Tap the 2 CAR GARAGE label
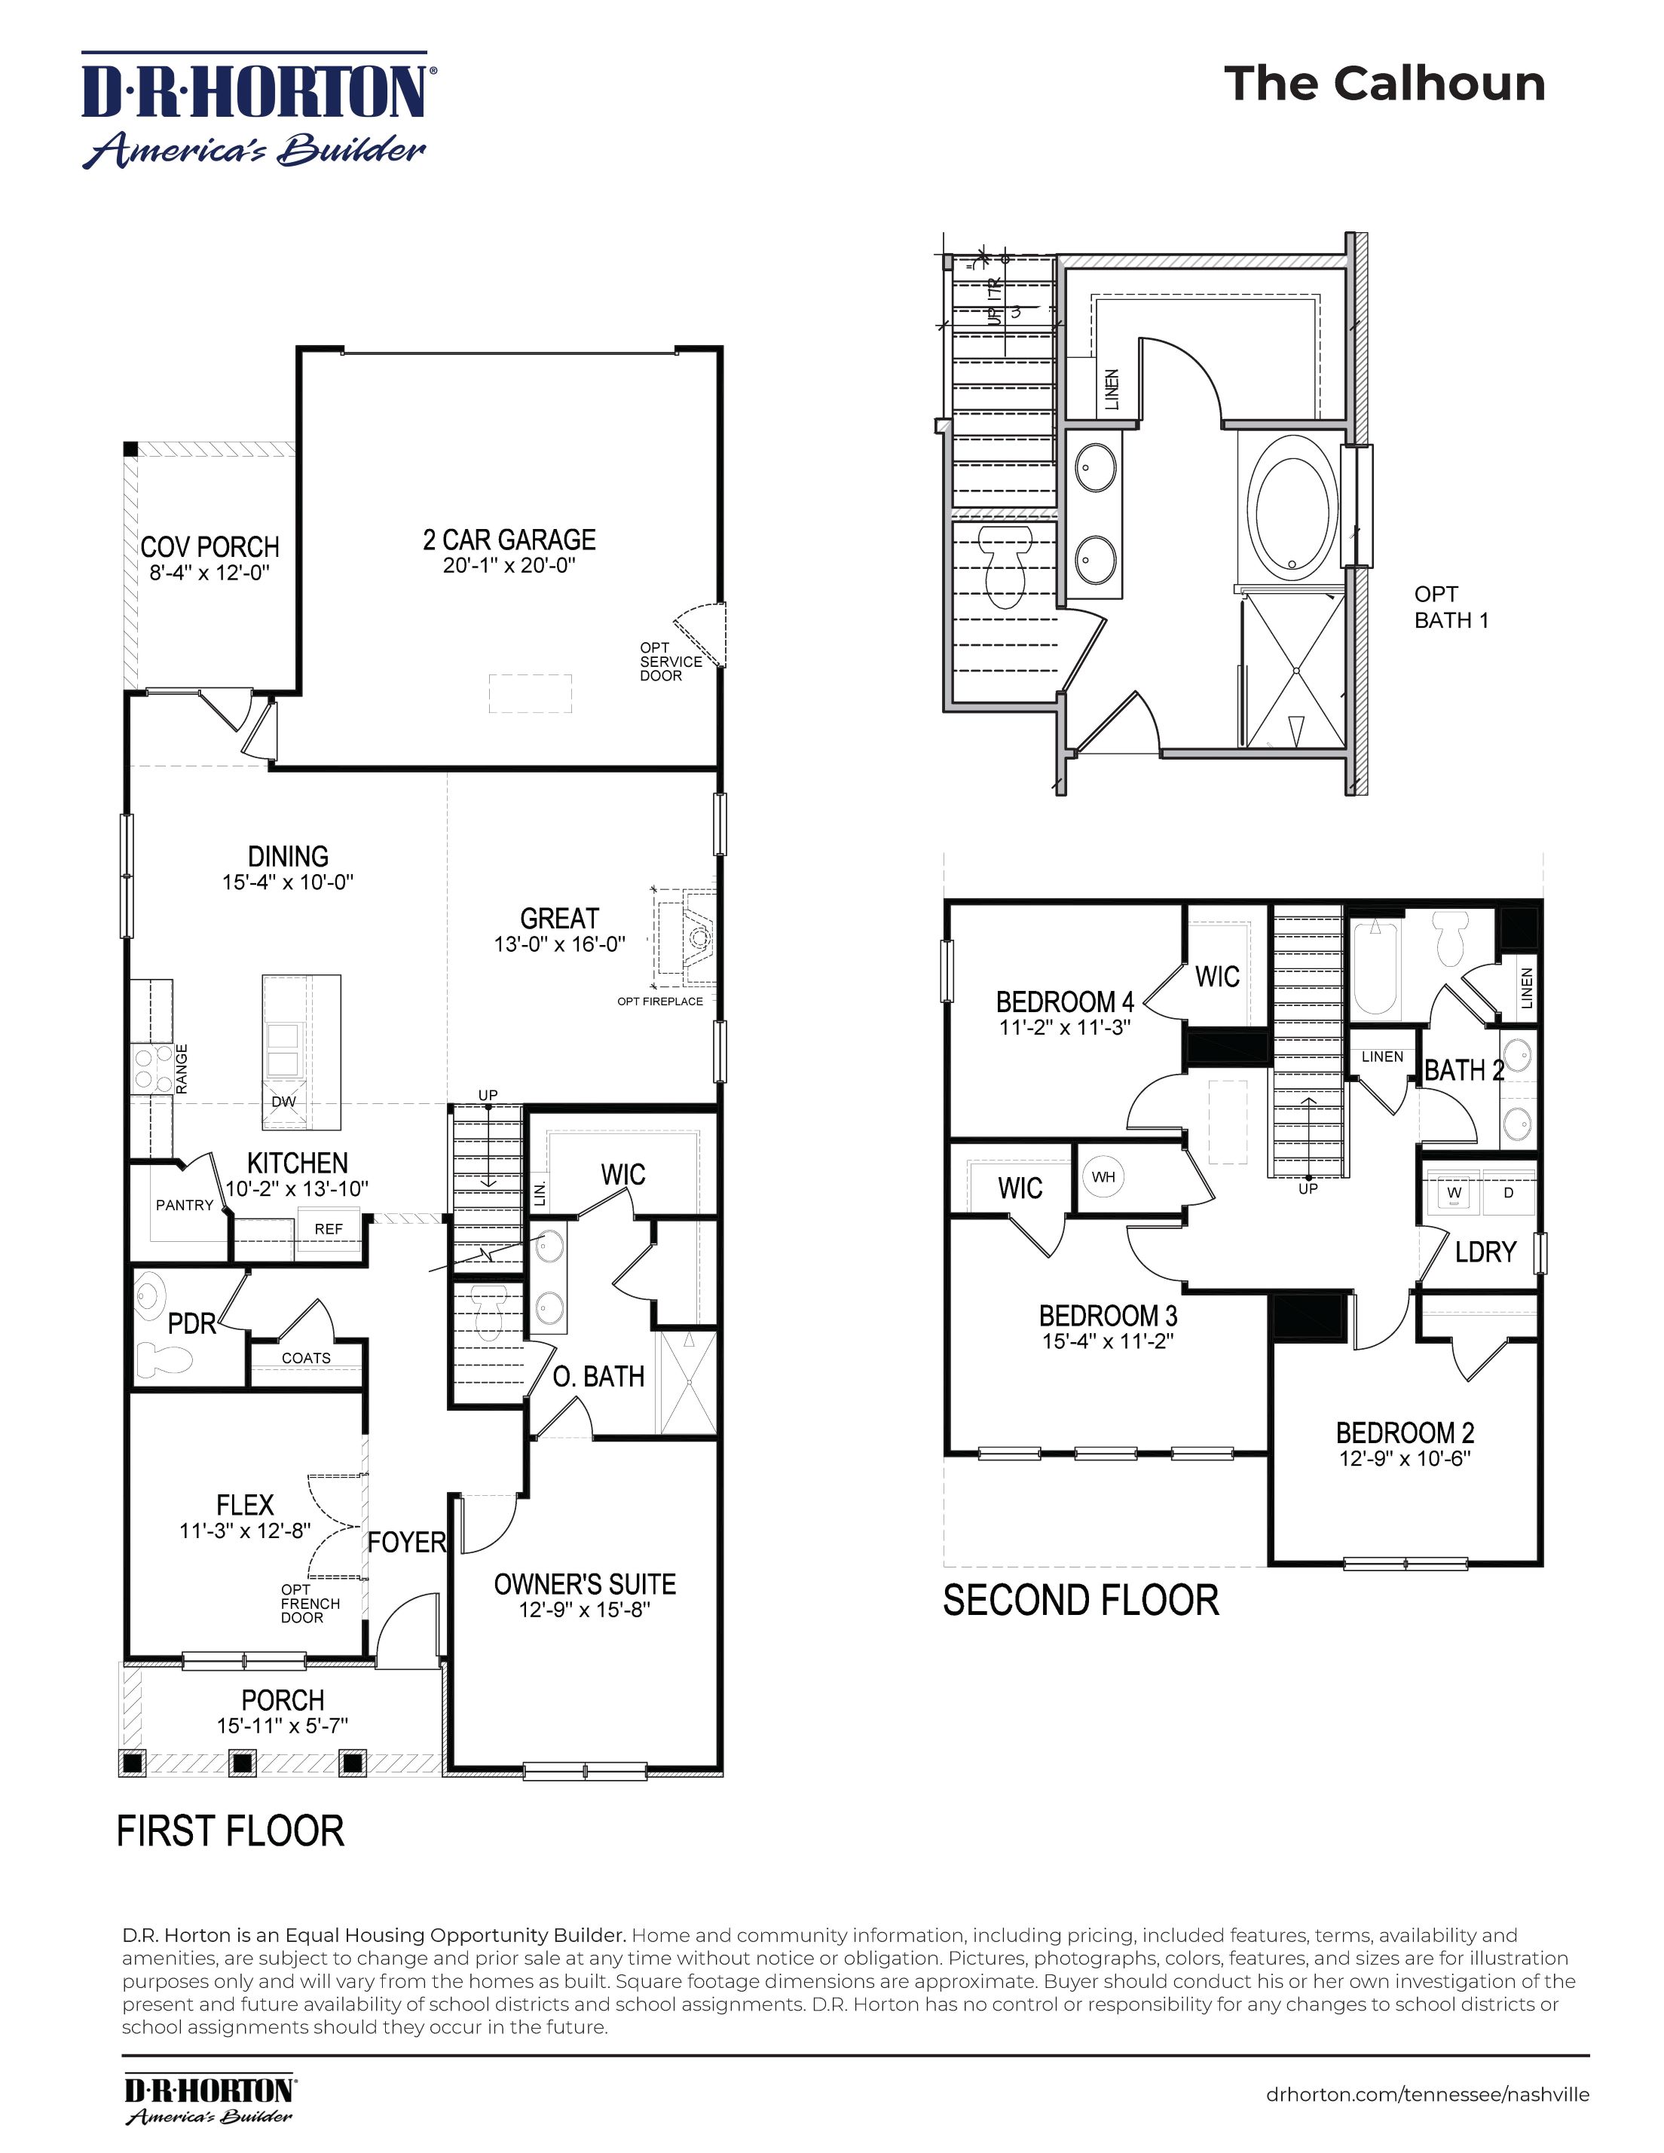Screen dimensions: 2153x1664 [509, 540]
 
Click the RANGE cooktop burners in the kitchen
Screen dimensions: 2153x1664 [150, 1069]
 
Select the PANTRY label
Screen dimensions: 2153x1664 [185, 1205]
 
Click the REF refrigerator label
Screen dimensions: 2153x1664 [329, 1228]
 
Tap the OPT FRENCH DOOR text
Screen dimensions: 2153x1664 [310, 1603]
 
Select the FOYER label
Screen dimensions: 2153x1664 [407, 1542]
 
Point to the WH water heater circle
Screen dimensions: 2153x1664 [1103, 1177]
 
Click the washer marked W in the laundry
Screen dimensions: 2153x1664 [1454, 1193]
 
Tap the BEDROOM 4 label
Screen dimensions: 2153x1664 [1065, 1002]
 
